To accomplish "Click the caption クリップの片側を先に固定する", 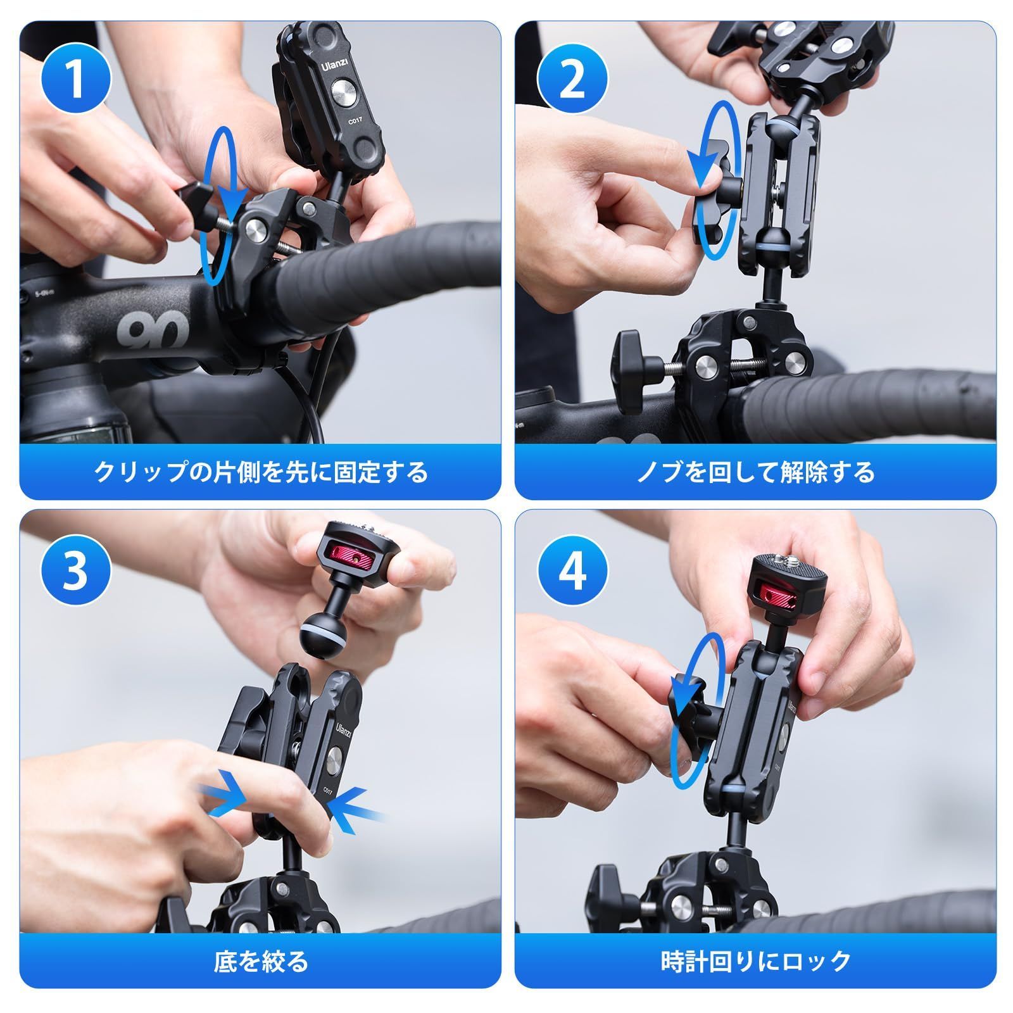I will pyautogui.click(x=260, y=472).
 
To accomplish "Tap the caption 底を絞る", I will pyautogui.click(x=260, y=962).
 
